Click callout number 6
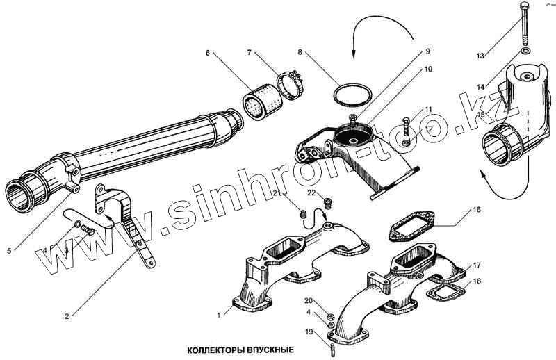click(x=207, y=53)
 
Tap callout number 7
click(x=250, y=53)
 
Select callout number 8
click(x=300, y=51)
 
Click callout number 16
click(x=477, y=209)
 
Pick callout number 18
click(x=477, y=281)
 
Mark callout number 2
click(x=67, y=316)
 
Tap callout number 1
click(x=218, y=315)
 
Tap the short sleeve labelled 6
click(x=260, y=102)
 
